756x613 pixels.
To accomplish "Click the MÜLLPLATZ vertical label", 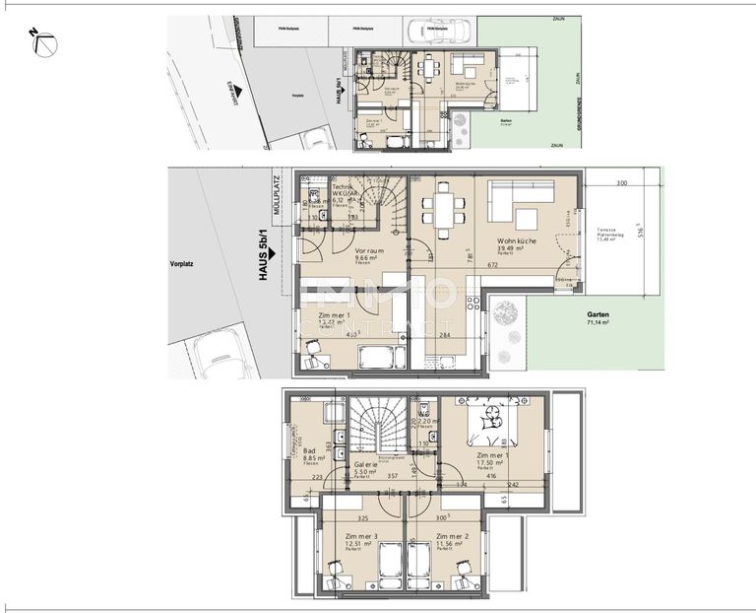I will pos(279,196).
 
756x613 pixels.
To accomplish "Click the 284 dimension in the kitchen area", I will pos(445,336).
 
